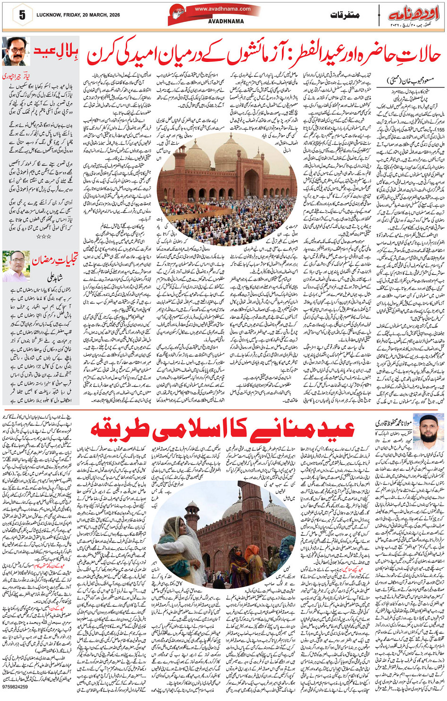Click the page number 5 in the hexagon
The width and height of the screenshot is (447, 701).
tap(22, 15)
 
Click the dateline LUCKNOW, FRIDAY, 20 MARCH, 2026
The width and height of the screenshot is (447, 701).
tap(78, 15)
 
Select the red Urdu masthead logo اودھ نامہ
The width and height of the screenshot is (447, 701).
tap(413, 15)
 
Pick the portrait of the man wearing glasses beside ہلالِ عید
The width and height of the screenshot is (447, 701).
tap(16, 52)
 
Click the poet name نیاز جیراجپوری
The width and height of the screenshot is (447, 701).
tap(18, 76)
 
